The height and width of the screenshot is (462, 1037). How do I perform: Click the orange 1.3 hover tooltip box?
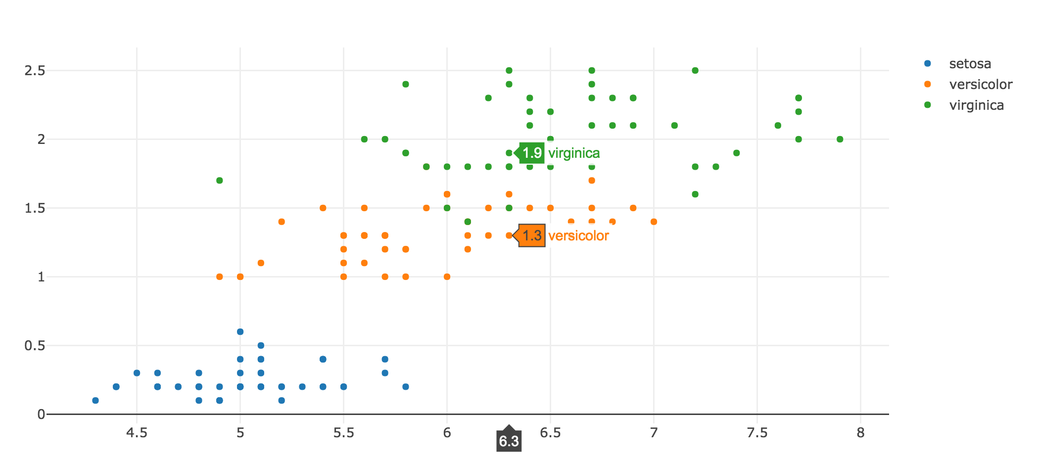[x=532, y=235]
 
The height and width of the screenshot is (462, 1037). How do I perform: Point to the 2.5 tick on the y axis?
[x=35, y=71]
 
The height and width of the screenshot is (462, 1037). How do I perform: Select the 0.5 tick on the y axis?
[x=35, y=346]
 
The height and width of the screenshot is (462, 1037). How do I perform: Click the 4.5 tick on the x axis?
[x=137, y=433]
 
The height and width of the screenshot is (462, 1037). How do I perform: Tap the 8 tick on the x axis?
[x=861, y=433]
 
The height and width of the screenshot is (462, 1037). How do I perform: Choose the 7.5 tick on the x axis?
[x=757, y=433]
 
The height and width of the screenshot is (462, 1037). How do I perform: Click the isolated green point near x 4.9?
[x=220, y=181]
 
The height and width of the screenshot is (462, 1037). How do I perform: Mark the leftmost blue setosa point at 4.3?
[x=95, y=401]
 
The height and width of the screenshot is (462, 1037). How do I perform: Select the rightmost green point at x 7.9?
[x=840, y=139]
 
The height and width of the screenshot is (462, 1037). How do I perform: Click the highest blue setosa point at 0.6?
[x=240, y=332]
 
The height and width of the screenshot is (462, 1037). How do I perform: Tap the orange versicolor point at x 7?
[x=654, y=222]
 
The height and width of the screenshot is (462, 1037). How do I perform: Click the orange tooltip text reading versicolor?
[x=578, y=236]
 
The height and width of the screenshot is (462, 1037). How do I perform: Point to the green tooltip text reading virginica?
[x=574, y=153]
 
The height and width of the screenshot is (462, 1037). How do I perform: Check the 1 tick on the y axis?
[x=42, y=277]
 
